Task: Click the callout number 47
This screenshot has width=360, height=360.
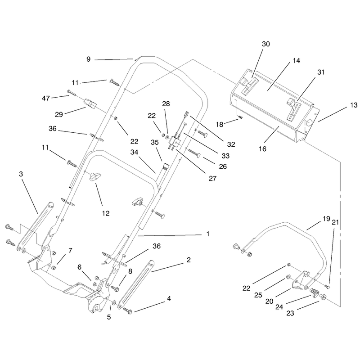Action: click(x=46, y=98)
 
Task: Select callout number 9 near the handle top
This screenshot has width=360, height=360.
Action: click(x=88, y=59)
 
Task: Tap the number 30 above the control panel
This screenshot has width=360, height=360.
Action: click(x=266, y=44)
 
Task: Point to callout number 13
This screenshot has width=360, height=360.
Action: click(x=354, y=105)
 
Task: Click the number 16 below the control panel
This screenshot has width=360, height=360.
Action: click(x=262, y=149)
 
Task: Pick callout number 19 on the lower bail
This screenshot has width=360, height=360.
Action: click(x=326, y=219)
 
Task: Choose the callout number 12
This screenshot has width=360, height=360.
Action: click(x=106, y=213)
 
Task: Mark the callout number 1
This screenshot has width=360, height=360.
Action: click(x=208, y=234)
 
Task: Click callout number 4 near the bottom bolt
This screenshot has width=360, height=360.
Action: click(x=169, y=299)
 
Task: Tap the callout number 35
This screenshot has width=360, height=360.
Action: click(x=154, y=143)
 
